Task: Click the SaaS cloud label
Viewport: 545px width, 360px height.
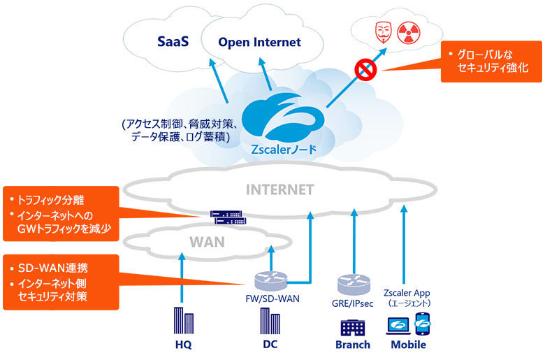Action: click(x=173, y=41)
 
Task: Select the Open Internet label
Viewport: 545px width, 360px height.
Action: click(x=259, y=42)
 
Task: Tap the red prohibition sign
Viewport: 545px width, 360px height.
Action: click(x=365, y=69)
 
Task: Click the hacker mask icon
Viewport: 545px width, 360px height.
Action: click(x=384, y=32)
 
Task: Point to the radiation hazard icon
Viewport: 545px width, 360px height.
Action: click(x=409, y=33)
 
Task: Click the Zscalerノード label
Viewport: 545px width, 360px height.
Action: click(x=284, y=150)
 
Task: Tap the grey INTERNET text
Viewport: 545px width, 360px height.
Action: click(x=279, y=190)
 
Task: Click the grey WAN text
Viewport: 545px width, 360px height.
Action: click(x=207, y=242)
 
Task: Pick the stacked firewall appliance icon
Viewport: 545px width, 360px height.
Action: click(x=228, y=217)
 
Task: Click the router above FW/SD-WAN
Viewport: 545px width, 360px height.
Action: click(x=271, y=281)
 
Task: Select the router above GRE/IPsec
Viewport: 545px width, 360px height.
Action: click(x=354, y=285)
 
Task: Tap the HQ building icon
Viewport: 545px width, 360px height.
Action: click(x=184, y=321)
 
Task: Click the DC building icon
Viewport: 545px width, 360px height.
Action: click(x=270, y=321)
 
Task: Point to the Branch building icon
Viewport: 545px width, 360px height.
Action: click(x=352, y=328)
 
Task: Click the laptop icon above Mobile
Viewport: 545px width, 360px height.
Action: click(x=398, y=326)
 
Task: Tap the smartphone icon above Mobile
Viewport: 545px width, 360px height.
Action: click(x=423, y=324)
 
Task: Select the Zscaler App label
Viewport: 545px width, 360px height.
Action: click(x=407, y=293)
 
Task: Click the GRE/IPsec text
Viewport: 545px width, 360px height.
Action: click(x=352, y=303)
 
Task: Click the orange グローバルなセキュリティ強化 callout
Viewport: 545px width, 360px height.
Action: click(x=491, y=62)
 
